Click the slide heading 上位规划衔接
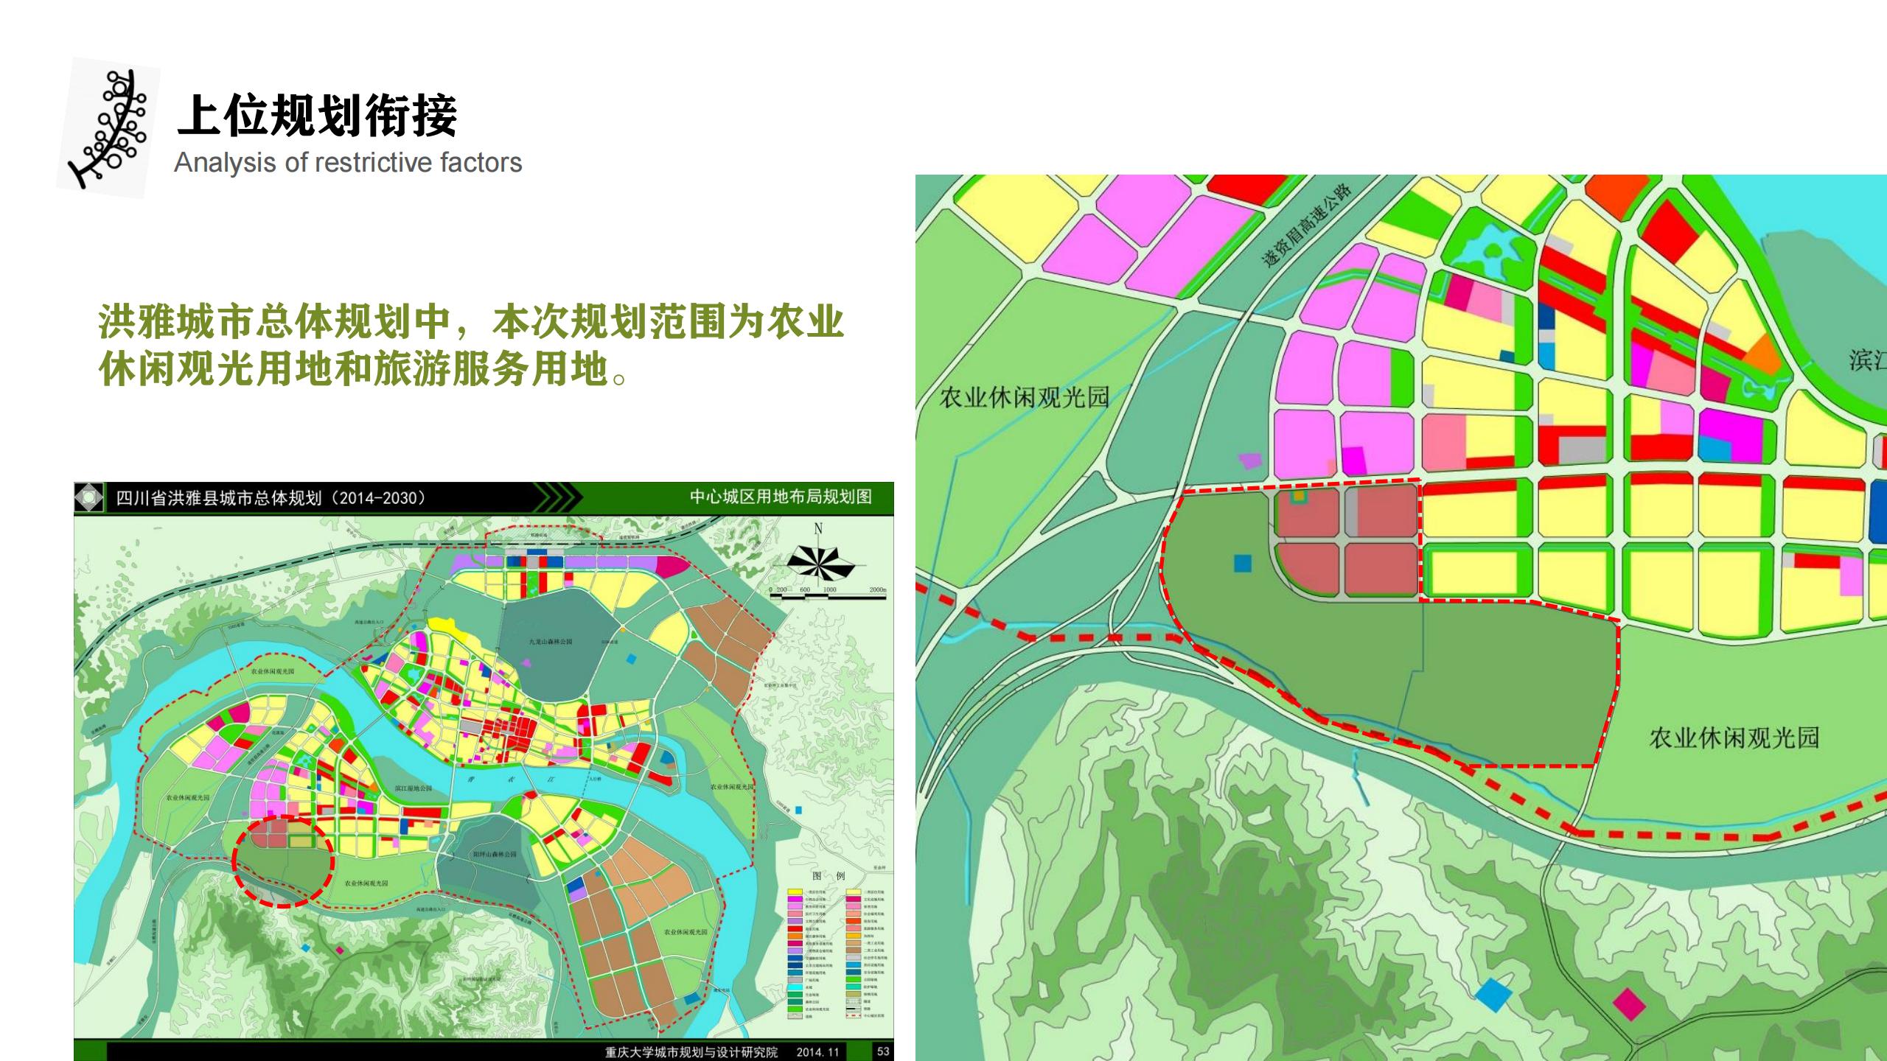click(317, 116)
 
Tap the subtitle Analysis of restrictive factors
click(348, 163)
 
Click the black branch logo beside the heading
click(109, 127)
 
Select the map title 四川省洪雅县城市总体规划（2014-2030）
click(271, 498)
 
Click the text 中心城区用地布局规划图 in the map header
click(781, 497)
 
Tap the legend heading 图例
click(829, 876)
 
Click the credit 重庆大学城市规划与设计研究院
click(691, 1052)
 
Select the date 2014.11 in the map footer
click(817, 1052)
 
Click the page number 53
click(883, 1051)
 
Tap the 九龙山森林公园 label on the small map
click(550, 642)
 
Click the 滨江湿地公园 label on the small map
click(413, 788)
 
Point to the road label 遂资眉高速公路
click(1306, 224)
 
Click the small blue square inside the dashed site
click(1243, 564)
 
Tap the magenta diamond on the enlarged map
click(1629, 1004)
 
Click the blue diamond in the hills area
click(1493, 995)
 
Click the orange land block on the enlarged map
click(1763, 353)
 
